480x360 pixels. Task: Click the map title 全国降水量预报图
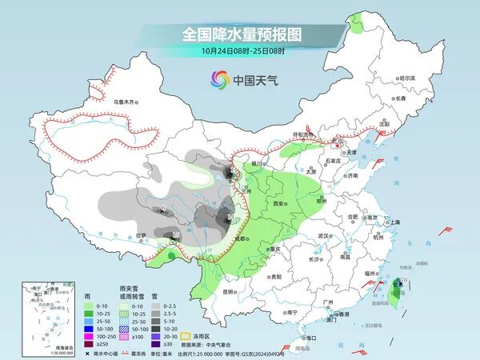[x=241, y=34]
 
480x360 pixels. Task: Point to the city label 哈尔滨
[x=407, y=78]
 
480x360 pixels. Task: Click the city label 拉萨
[x=141, y=235]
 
